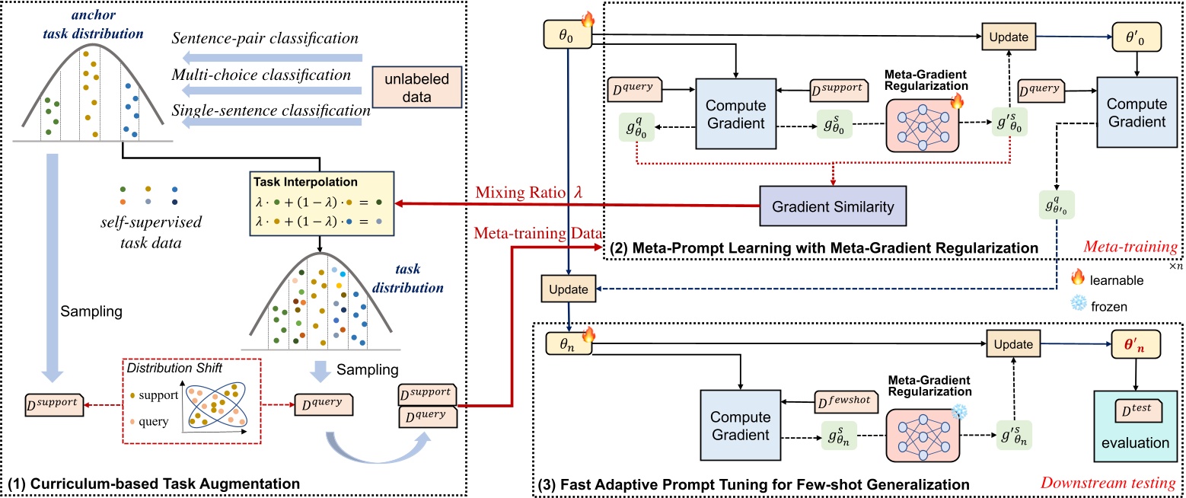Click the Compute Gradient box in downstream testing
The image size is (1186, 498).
click(x=735, y=427)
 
